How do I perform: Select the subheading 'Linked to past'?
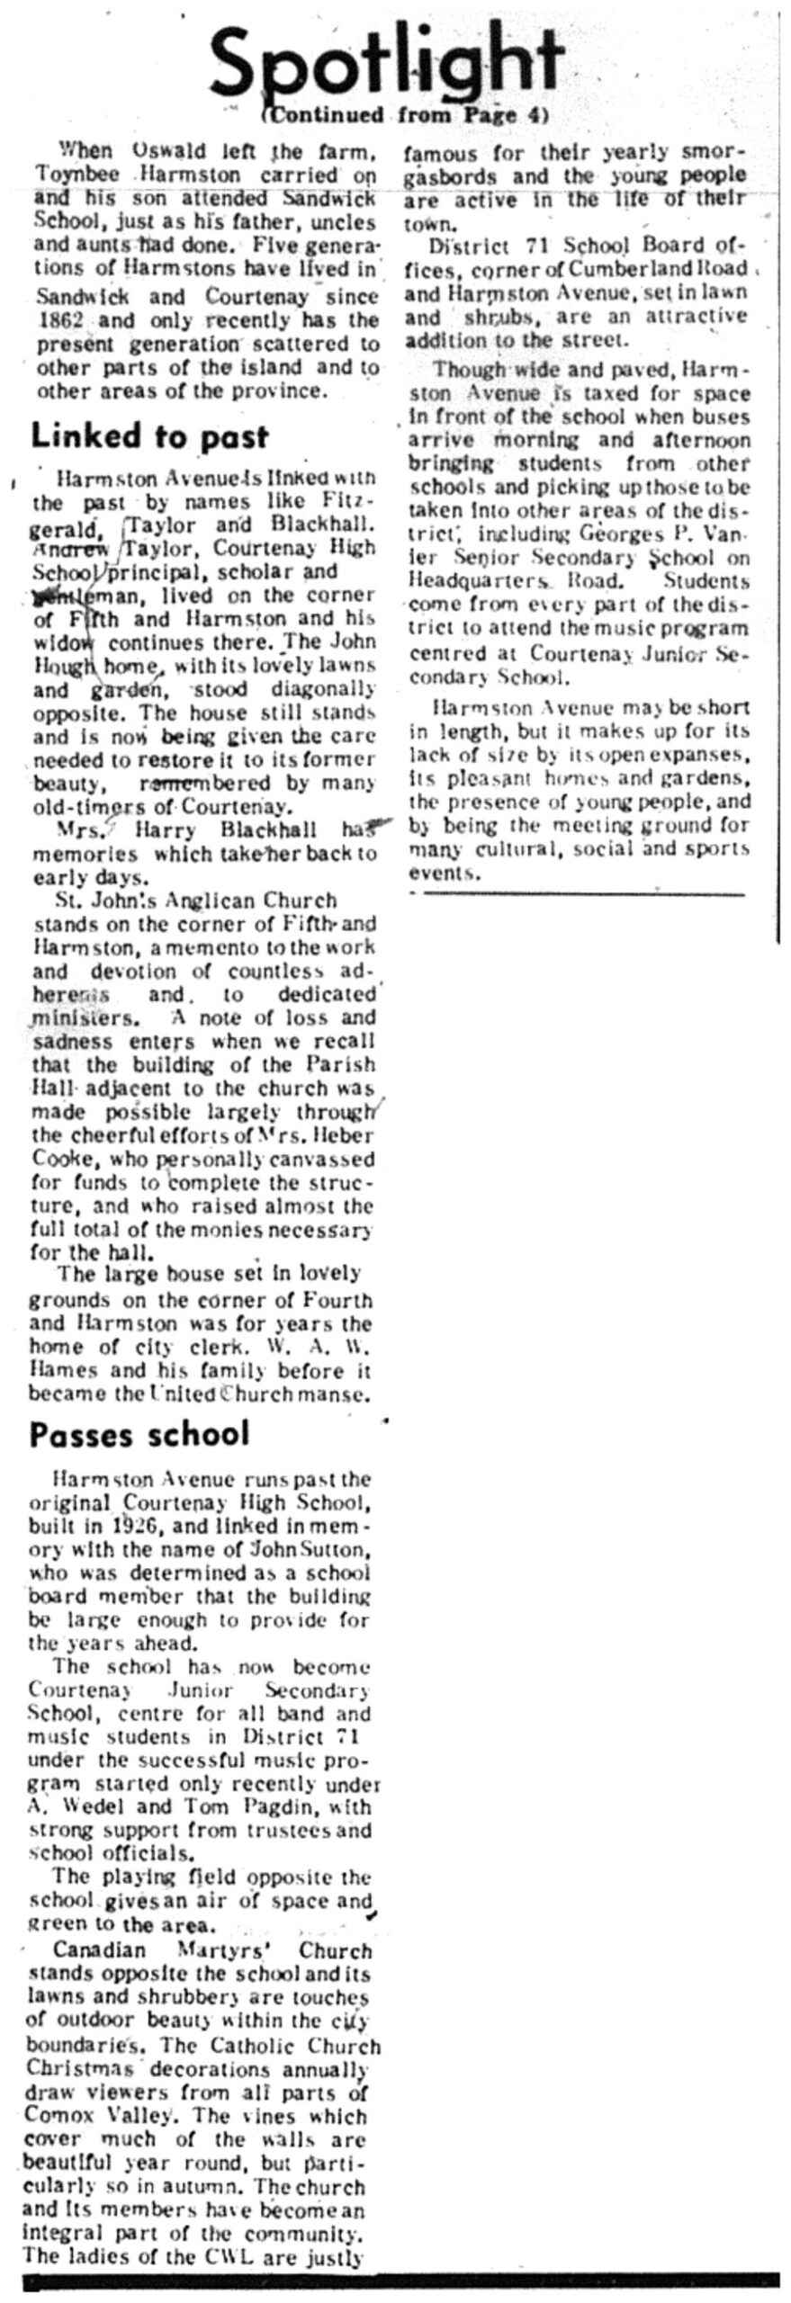tap(149, 436)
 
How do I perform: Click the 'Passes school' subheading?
tap(139, 1434)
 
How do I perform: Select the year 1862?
tap(60, 319)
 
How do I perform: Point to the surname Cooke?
tap(58, 1160)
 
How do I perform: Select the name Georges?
tap(608, 534)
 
